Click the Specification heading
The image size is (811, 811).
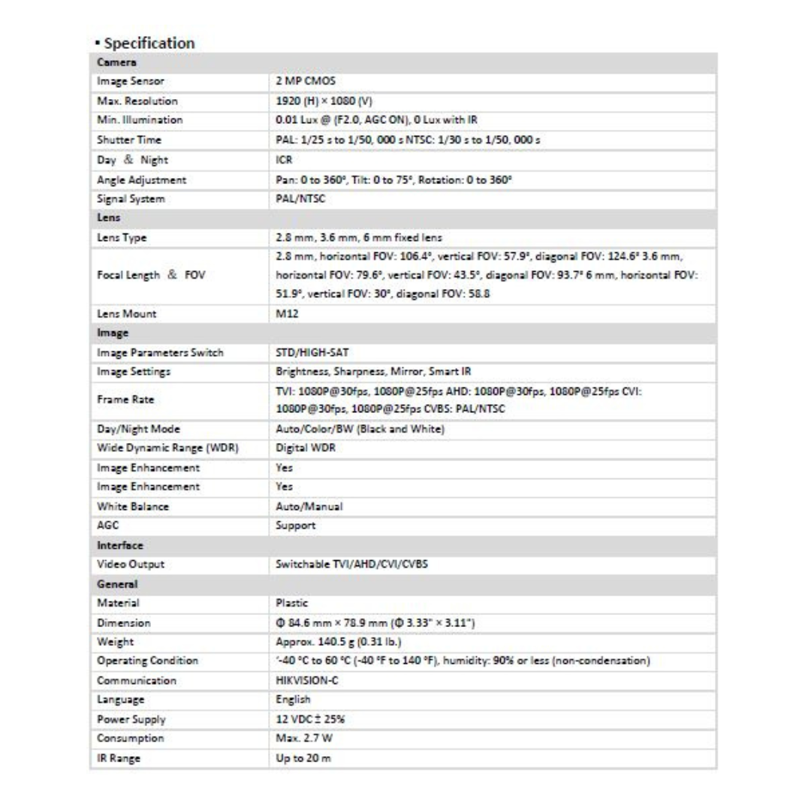coord(149,43)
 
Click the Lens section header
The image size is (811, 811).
coord(109,218)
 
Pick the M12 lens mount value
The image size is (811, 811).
coord(287,315)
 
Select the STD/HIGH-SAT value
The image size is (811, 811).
coord(313,353)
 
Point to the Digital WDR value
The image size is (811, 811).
coord(306,448)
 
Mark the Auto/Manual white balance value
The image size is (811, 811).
coord(309,506)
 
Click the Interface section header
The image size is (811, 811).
coord(120,544)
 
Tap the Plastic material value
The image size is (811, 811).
coord(293,603)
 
